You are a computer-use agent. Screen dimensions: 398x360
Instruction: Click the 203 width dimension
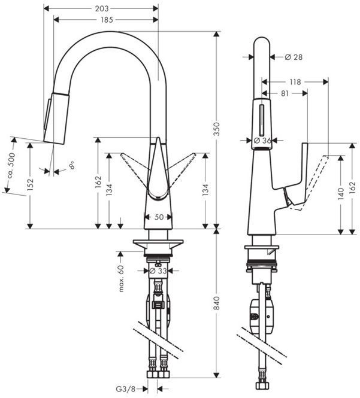[102, 9]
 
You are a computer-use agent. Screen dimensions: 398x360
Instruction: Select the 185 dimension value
[106, 20]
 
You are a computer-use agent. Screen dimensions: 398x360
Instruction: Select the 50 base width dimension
[159, 218]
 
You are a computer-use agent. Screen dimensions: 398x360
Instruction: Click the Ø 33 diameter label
[158, 271]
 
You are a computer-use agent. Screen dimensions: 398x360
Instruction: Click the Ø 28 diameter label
[294, 57]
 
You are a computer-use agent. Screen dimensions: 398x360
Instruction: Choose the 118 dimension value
[295, 82]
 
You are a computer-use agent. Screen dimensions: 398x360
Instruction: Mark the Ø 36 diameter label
[264, 140]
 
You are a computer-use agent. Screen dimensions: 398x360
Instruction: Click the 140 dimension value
[341, 193]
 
